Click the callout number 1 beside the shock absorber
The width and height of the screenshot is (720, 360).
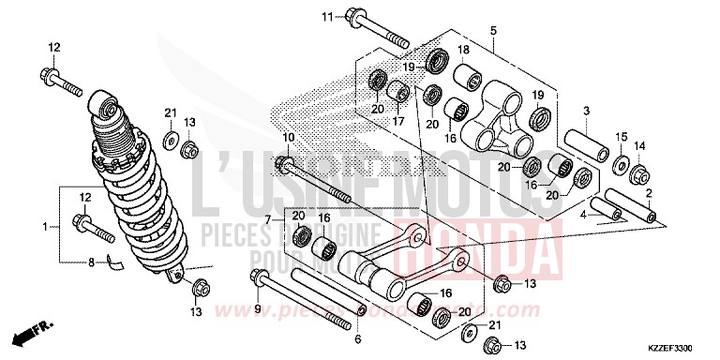tap(45, 226)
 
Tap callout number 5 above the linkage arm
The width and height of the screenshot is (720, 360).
tap(493, 31)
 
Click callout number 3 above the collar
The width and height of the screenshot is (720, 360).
tap(586, 112)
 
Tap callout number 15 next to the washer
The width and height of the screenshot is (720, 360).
tap(619, 137)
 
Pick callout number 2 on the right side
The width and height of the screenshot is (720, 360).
tap(649, 192)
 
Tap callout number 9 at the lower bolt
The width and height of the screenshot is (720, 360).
tap(255, 307)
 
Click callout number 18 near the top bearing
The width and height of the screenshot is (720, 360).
tap(462, 50)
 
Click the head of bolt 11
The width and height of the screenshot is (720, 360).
tap(357, 17)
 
